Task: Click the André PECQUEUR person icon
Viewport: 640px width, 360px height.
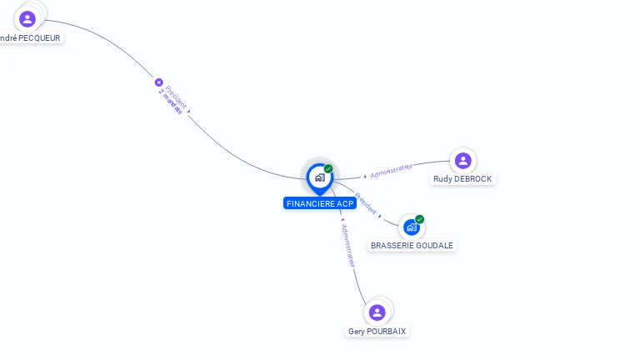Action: point(27,18)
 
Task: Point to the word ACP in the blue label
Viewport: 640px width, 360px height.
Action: point(346,203)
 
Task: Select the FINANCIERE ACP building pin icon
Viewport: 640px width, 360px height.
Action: point(319,177)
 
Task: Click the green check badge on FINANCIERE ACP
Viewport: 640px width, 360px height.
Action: point(328,169)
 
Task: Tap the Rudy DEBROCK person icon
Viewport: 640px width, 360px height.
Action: point(462,160)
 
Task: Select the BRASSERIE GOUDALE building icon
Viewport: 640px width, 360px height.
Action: point(411,227)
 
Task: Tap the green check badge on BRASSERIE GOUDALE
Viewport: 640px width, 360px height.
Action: point(420,219)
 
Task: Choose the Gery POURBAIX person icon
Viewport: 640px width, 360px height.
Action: point(377,312)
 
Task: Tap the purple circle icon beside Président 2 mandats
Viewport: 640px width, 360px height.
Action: point(158,82)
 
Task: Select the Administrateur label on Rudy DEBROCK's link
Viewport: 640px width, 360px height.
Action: point(391,172)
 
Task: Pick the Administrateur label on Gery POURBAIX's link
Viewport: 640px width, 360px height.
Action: point(347,244)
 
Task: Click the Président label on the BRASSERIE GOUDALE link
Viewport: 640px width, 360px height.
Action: point(366,204)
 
